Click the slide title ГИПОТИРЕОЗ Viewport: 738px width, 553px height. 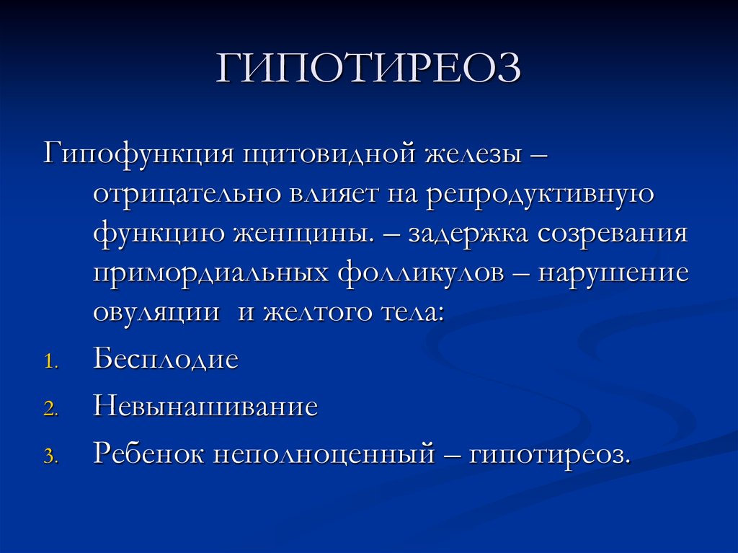(x=368, y=69)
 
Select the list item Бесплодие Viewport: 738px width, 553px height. (x=165, y=359)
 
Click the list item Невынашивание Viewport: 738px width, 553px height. (x=205, y=407)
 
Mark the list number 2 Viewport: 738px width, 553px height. (x=49, y=409)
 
